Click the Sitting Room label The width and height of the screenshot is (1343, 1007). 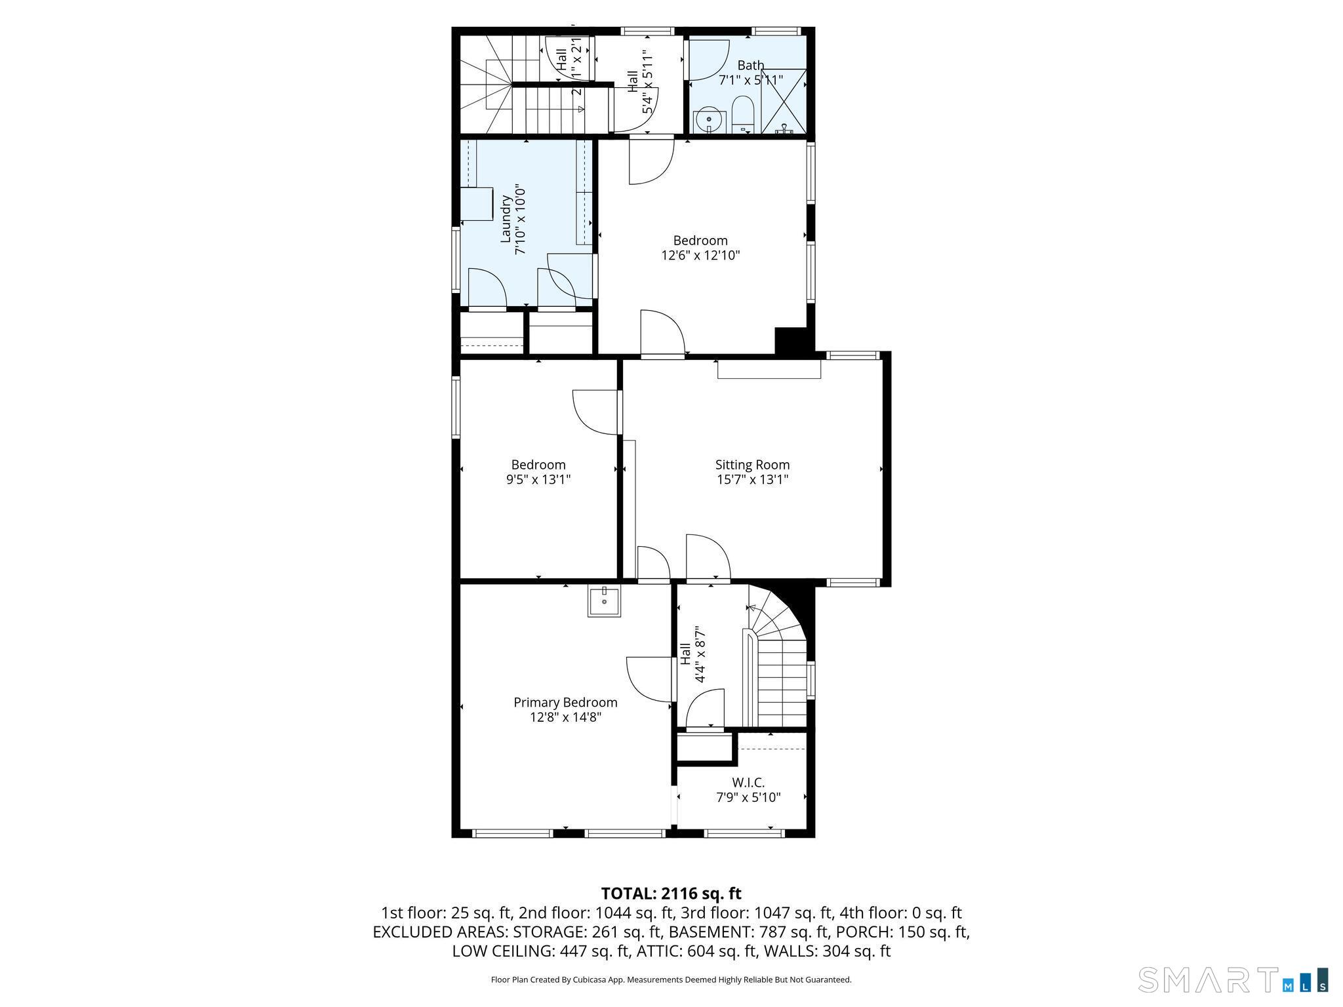click(752, 465)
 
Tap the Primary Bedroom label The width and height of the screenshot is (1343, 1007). click(565, 702)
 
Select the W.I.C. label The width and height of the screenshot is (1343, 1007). click(748, 782)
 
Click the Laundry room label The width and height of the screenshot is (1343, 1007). click(505, 219)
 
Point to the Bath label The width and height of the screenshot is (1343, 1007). click(751, 65)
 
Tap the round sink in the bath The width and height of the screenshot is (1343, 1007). click(710, 121)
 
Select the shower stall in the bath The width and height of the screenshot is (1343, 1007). click(783, 101)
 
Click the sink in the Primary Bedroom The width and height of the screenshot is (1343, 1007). click(604, 601)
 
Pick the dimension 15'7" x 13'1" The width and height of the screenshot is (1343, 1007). click(752, 479)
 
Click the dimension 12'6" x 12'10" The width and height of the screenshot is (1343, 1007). click(700, 255)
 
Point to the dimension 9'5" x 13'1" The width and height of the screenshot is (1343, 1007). click(538, 479)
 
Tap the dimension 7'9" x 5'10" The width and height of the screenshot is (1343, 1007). click(748, 797)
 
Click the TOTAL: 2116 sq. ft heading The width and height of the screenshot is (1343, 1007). click(671, 893)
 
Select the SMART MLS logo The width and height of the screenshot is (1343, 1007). click(1233, 979)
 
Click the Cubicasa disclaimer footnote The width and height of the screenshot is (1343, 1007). click(671, 979)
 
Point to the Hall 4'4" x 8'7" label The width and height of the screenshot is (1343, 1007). click(692, 654)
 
